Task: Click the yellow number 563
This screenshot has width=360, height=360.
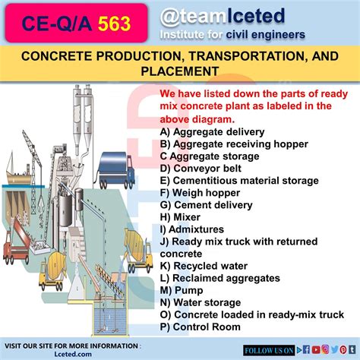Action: coord(114,24)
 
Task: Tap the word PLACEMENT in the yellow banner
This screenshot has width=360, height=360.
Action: coord(180,71)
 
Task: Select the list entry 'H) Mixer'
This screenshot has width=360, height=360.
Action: coord(180,217)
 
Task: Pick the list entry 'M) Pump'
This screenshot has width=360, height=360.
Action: coord(182,290)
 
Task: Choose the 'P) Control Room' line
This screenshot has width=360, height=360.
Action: coord(201,327)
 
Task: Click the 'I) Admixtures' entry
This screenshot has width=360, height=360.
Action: coord(192,229)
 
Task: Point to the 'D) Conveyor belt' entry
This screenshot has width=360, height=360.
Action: coord(201,169)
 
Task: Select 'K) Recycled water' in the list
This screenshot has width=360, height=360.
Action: coord(204,266)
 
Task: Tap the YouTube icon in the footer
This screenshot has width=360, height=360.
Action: coord(316,350)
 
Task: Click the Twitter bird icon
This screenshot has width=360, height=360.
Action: coord(334,349)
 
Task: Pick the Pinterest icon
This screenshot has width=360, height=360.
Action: coord(343,350)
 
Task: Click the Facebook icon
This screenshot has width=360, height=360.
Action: coord(306,350)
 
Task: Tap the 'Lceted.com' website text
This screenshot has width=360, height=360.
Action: coord(73,354)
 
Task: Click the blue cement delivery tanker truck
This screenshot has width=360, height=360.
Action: coord(116,170)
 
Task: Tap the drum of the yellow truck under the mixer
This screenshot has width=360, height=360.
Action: coord(56,264)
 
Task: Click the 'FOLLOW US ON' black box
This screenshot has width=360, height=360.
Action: coord(269,350)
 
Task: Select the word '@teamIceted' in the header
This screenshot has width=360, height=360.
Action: coord(223,17)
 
